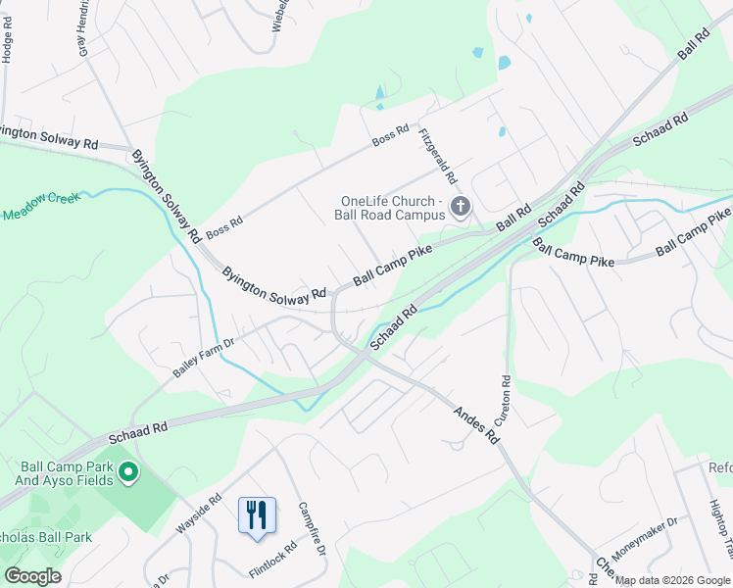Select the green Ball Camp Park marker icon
127,474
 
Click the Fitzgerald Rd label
438,157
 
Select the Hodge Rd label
7,45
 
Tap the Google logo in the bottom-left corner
32,576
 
